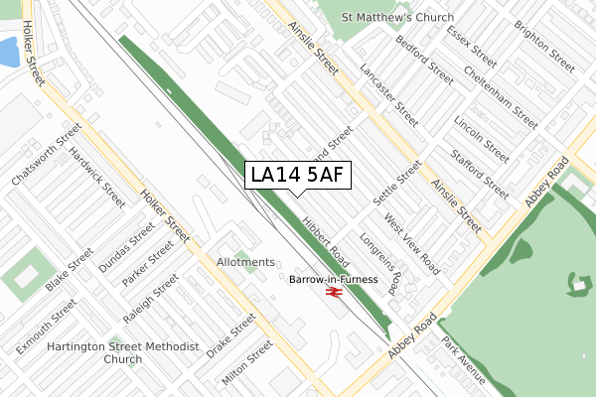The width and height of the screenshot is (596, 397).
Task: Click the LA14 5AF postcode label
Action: coord(297,175)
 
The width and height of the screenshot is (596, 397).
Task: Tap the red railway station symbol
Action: coord(334,294)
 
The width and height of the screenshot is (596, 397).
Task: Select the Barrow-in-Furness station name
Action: coord(334,280)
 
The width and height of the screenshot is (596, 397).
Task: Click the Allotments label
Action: coord(245,262)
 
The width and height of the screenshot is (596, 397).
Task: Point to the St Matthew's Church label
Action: coord(397,18)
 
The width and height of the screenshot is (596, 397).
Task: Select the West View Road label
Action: coord(412,242)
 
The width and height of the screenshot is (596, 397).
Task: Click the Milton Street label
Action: coord(248,362)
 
